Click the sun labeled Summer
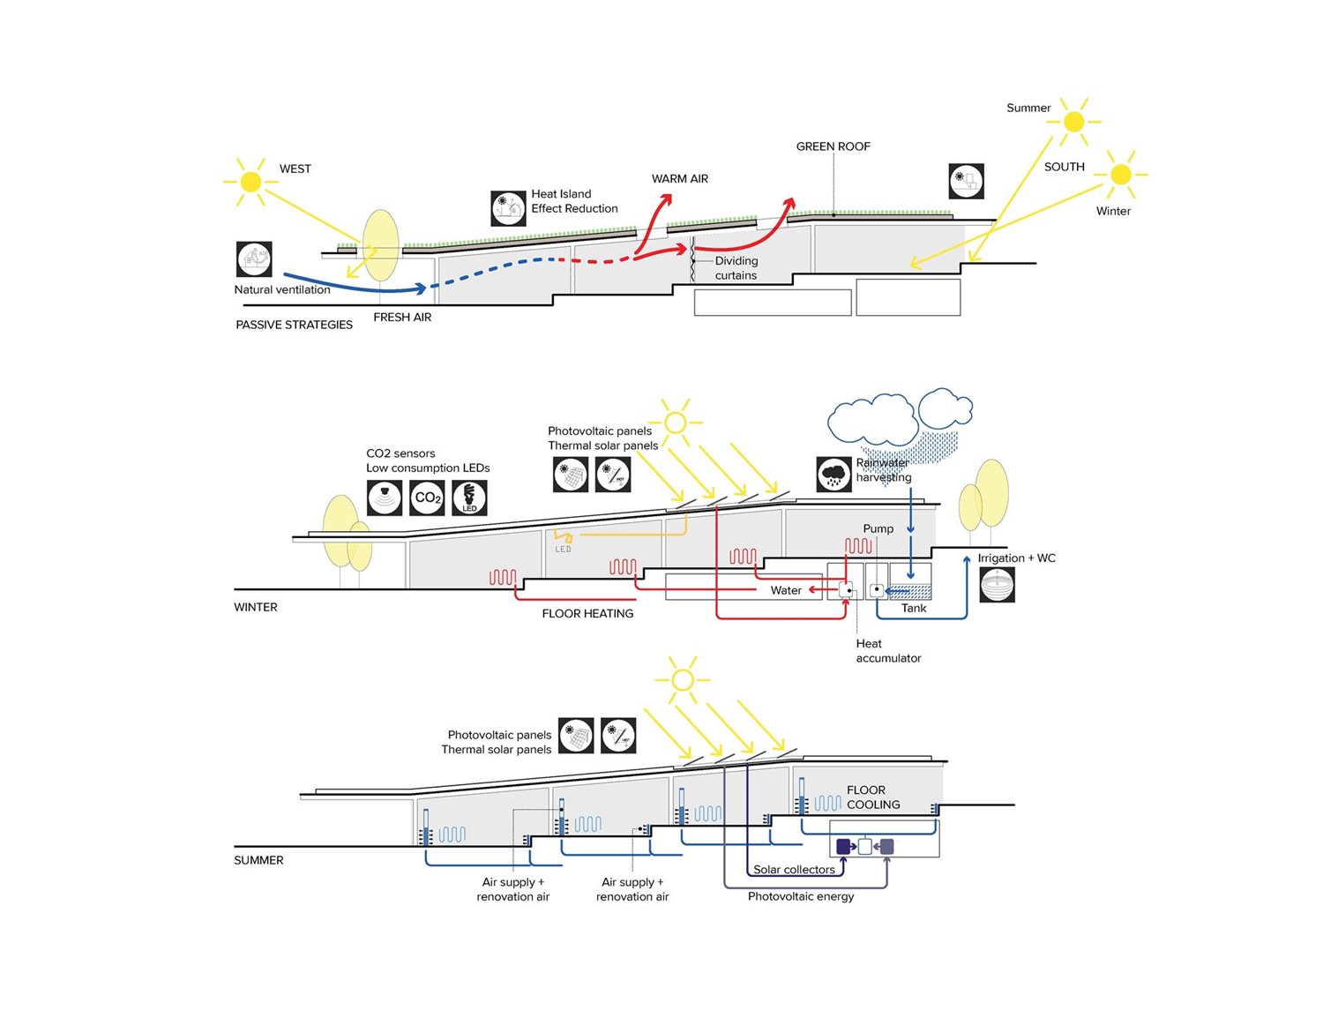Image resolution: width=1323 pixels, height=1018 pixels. (1073, 122)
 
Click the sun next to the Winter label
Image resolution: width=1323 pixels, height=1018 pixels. (1120, 175)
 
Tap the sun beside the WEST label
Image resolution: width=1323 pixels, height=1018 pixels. (250, 182)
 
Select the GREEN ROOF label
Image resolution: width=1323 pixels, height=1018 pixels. (833, 146)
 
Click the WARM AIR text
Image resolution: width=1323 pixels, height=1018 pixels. (679, 178)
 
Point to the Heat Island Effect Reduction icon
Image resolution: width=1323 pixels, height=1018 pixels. (508, 208)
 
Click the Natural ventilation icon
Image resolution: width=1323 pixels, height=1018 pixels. (254, 259)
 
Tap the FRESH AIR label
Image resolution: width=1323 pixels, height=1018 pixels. (402, 317)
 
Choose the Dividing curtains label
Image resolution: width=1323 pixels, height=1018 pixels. (736, 268)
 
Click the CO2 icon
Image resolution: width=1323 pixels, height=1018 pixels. (427, 498)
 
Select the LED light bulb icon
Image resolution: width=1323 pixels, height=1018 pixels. (469, 498)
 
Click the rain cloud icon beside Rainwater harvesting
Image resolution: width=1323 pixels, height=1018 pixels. (833, 475)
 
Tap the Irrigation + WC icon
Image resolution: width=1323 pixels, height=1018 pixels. (998, 585)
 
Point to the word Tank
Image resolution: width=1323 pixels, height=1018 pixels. (914, 608)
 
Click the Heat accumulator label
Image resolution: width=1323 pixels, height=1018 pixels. (887, 651)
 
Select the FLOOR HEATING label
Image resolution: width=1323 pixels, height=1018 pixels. (587, 613)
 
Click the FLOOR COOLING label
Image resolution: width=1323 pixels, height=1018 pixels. (872, 797)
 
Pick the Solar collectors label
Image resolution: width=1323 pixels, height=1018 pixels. (794, 869)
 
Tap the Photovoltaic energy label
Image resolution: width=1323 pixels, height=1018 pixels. (801, 896)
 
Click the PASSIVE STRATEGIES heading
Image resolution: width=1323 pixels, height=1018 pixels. (294, 325)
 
